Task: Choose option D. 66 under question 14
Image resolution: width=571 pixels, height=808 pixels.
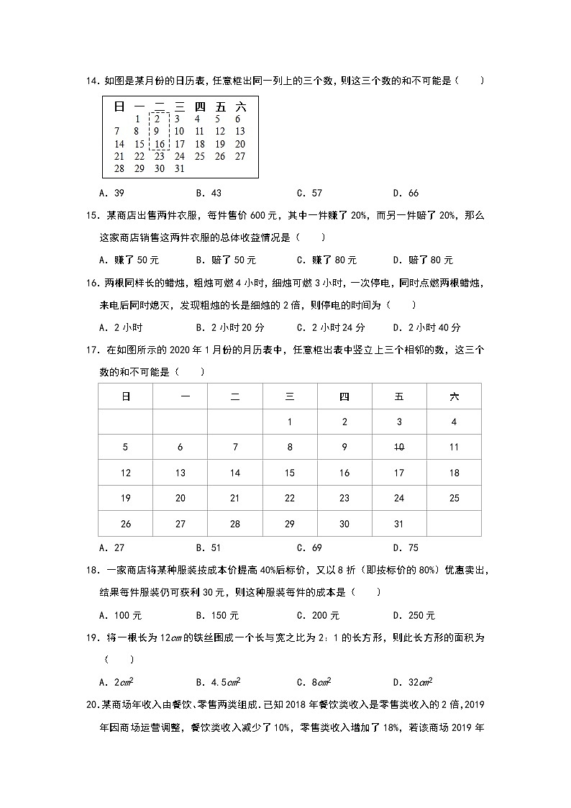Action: point(406,193)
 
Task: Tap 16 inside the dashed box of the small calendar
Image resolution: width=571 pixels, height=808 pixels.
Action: point(160,144)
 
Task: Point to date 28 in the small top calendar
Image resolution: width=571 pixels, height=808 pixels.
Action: point(119,168)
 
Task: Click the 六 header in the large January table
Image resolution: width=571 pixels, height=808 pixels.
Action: point(454,396)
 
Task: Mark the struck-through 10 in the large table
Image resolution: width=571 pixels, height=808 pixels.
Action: point(399,447)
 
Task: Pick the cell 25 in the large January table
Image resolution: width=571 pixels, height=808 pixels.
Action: point(454,498)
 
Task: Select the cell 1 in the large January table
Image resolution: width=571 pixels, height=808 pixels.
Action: point(290,422)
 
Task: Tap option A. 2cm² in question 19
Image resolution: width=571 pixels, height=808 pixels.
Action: point(115,682)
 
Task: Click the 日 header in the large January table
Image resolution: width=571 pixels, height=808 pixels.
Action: point(126,396)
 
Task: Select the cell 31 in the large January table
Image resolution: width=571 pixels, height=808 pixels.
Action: point(399,524)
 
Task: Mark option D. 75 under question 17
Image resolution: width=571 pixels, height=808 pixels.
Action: point(406,548)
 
